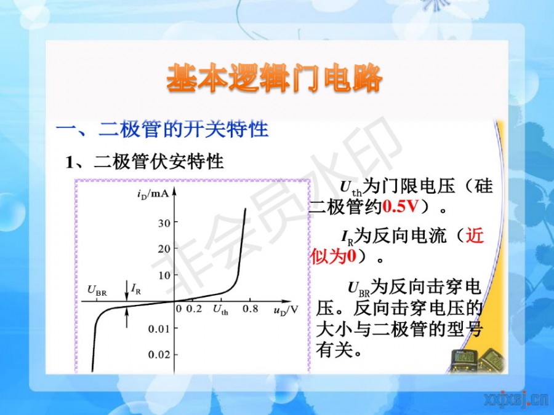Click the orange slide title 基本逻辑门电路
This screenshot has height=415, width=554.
point(274,78)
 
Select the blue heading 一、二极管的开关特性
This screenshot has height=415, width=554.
point(162,129)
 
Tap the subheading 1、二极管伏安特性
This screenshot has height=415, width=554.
point(145,162)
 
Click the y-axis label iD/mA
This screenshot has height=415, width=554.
point(153,194)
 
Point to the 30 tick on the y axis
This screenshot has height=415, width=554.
point(164,223)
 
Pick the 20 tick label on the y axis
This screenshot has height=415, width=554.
point(164,249)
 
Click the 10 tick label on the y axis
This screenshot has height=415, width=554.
point(164,275)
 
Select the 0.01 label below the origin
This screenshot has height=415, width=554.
point(159,329)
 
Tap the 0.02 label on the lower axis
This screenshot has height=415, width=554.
point(159,355)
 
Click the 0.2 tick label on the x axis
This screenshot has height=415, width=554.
point(194,309)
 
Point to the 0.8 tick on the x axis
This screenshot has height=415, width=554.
point(250,309)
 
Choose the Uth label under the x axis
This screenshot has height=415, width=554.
point(220,310)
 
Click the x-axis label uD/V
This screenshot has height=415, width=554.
point(286,310)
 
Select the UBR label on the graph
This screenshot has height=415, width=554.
point(97,291)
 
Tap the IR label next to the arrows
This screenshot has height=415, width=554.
point(136,290)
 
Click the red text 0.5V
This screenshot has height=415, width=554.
point(399,207)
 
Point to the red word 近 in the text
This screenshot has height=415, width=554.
point(475,235)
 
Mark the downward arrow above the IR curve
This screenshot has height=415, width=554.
point(127,290)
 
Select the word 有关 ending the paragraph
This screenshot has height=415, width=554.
point(334,350)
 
